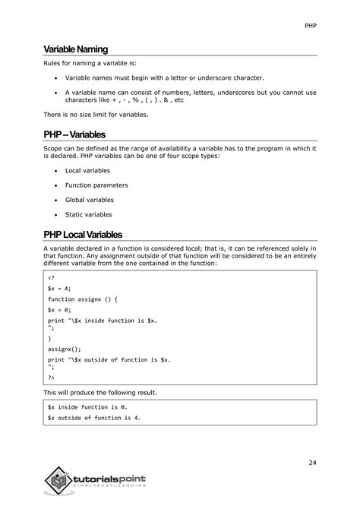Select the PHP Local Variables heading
(83, 234)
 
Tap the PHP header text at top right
(311, 25)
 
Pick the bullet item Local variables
(89, 171)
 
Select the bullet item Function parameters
(96, 185)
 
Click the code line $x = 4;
(59, 289)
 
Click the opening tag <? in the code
(51, 278)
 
